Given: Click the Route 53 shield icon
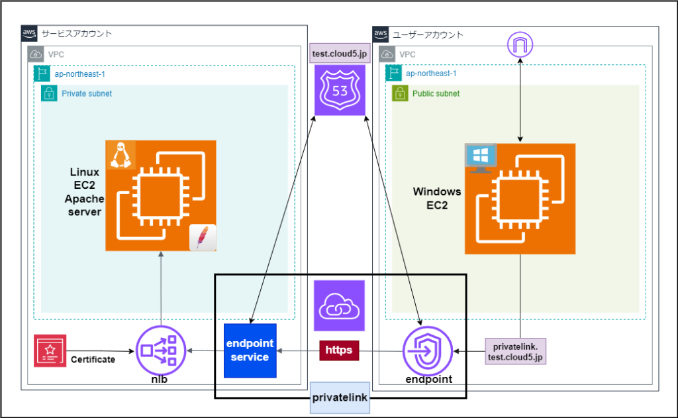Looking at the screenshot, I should click(339, 90).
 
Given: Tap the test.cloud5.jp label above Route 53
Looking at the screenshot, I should click(339, 54).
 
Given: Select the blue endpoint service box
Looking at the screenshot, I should click(249, 350).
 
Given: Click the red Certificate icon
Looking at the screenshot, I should click(50, 351).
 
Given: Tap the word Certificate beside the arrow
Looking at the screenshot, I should click(93, 360).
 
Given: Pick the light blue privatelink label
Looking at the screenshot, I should click(339, 398).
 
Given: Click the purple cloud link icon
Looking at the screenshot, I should click(339, 305).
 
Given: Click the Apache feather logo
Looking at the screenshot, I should click(203, 238).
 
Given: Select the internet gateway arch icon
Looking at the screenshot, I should click(520, 46).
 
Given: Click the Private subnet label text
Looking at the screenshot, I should click(87, 93).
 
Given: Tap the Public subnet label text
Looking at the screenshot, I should click(436, 93).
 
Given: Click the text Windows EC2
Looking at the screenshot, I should click(437, 199).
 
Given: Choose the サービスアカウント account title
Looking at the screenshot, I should click(77, 33).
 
